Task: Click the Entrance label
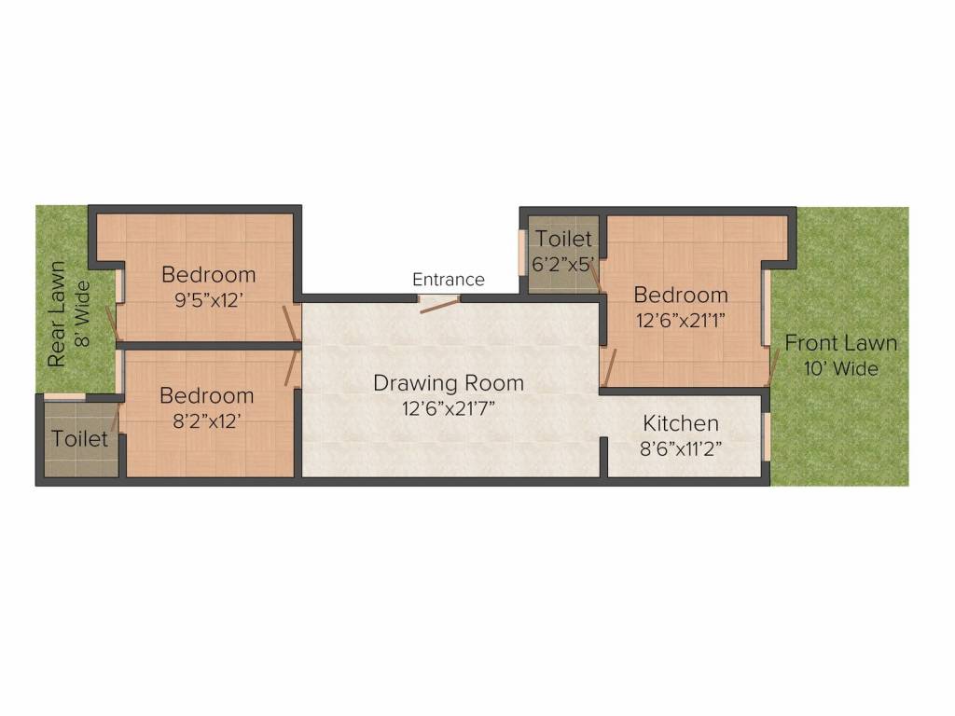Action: pos(449,280)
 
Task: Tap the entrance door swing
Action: pos(440,305)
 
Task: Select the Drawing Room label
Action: pos(449,383)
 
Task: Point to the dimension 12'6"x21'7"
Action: pos(449,408)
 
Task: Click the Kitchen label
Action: pos(680,423)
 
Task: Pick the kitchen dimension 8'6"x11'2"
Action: pos(680,449)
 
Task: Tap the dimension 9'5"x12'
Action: pos(209,300)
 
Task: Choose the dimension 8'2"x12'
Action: pos(207,421)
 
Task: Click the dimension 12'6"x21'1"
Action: pos(680,321)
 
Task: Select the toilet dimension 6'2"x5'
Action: pos(562,265)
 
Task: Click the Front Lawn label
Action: pos(840,343)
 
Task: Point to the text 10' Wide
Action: pos(840,368)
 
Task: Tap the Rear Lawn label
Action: pos(56,314)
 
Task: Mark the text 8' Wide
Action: pos(82,313)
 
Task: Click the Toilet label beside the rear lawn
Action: pos(80,438)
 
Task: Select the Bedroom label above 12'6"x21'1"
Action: pos(680,295)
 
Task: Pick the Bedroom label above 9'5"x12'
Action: pos(209,275)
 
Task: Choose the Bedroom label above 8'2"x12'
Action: pos(207,395)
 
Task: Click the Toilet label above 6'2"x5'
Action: pos(562,239)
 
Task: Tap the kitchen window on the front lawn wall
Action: pos(768,436)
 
